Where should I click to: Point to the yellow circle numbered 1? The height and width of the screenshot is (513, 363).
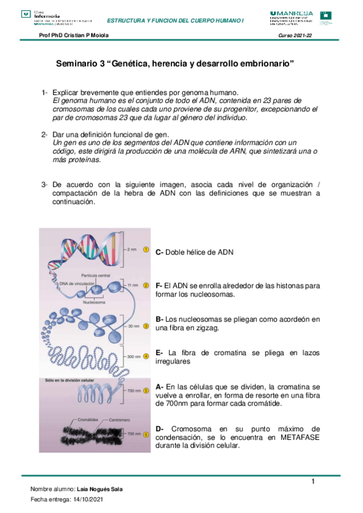(146, 249)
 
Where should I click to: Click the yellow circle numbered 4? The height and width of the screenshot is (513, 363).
(146, 357)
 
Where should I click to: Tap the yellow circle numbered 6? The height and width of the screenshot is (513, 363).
(146, 434)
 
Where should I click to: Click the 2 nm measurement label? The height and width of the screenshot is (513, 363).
(132, 249)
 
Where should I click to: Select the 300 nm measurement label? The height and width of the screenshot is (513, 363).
(133, 357)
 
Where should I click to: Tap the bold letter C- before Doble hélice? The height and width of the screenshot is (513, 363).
(159, 252)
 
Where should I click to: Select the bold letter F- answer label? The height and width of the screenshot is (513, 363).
(159, 285)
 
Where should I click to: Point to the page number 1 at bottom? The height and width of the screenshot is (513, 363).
(313, 482)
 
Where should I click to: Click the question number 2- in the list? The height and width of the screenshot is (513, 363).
(45, 134)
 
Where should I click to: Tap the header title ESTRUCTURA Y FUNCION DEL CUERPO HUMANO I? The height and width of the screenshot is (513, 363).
(175, 21)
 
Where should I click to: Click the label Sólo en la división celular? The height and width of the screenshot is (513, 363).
(67, 380)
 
